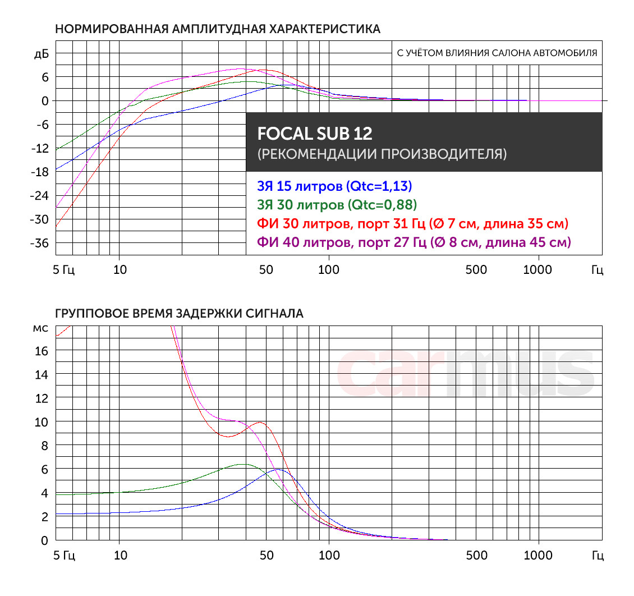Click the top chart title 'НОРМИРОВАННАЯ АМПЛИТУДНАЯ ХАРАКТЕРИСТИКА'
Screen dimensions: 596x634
(x=217, y=29)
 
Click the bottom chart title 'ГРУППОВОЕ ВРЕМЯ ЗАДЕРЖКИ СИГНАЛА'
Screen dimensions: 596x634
(x=179, y=314)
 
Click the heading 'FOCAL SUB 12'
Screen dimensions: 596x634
(x=314, y=134)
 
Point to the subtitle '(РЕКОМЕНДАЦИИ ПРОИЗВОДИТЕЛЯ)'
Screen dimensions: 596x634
(x=382, y=154)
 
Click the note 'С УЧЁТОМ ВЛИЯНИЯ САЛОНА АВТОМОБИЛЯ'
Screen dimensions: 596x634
(x=497, y=54)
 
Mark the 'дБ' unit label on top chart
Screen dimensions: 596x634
(x=42, y=54)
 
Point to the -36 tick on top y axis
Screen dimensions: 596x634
(x=40, y=243)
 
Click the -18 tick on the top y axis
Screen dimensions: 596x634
(x=40, y=172)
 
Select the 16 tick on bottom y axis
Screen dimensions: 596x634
(x=42, y=351)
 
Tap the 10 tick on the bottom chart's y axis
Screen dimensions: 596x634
(x=42, y=421)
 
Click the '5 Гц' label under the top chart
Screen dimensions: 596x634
(x=63, y=270)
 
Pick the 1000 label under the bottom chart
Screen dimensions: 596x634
(x=537, y=556)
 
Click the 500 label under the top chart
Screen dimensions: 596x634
(x=476, y=270)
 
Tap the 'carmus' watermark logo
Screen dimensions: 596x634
(x=465, y=372)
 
